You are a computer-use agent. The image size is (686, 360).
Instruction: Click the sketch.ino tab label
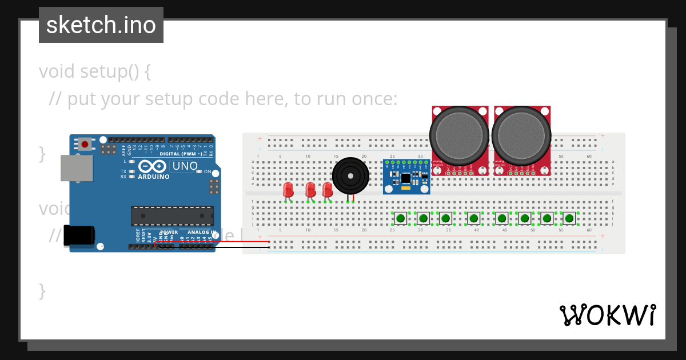pyautogui.click(x=101, y=25)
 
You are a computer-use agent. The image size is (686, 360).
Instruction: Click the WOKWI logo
pyautogui.click(x=607, y=315)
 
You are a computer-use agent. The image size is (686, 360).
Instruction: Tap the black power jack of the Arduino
pyautogui.click(x=79, y=235)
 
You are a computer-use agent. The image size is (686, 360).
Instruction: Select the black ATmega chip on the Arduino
pyautogui.click(x=172, y=216)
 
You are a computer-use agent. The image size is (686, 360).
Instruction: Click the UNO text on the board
pyautogui.click(x=185, y=166)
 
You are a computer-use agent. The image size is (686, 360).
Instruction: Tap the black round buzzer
pyautogui.click(x=350, y=176)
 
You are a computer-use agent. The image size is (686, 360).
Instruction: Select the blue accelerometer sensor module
pyautogui.click(x=406, y=177)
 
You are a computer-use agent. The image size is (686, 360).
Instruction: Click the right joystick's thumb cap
pyautogui.click(x=521, y=135)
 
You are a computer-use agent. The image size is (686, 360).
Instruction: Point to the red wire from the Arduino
pyautogui.click(x=229, y=242)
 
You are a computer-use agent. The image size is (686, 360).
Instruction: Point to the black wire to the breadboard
pyautogui.click(x=229, y=247)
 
